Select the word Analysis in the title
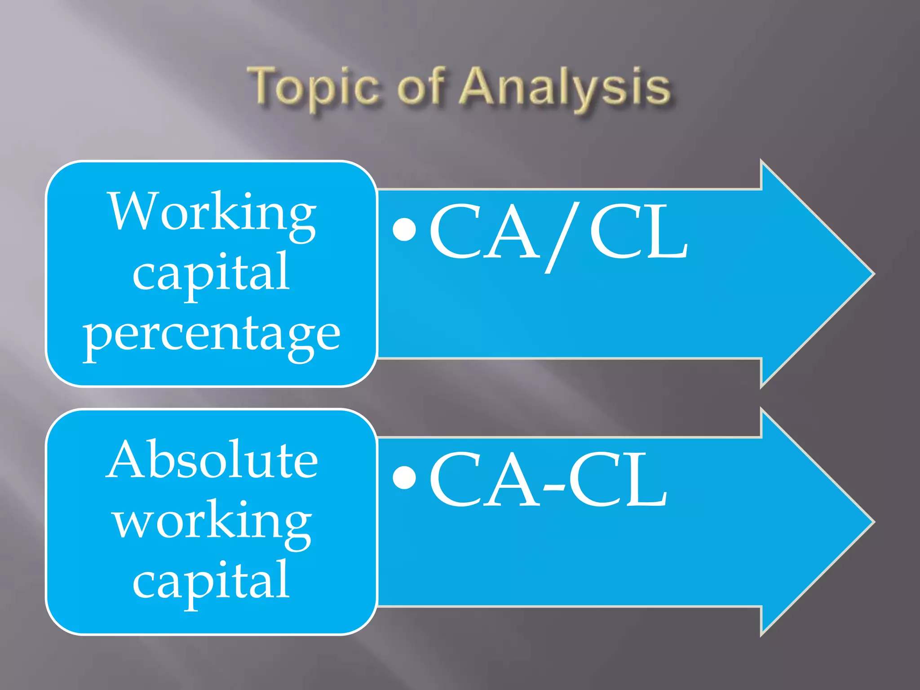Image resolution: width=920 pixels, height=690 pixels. [x=566, y=88]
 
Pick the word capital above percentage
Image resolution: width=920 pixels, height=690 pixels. [x=211, y=274]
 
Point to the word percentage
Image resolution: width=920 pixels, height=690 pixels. [x=211, y=335]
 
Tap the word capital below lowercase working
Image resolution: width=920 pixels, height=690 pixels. [x=211, y=582]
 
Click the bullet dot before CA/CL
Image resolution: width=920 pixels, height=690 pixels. [x=404, y=230]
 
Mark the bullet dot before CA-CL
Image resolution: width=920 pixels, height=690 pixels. [x=404, y=477]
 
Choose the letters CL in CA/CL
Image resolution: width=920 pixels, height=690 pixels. [x=638, y=231]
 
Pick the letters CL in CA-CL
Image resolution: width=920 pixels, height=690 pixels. [x=618, y=479]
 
